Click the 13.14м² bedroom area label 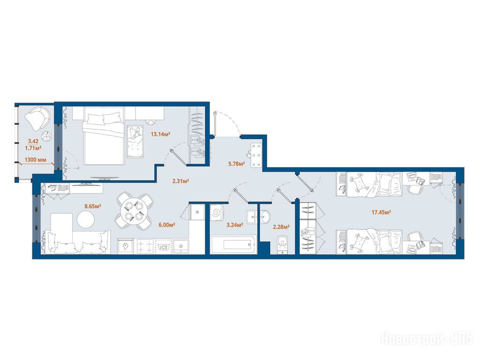pos(160,134)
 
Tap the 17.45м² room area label pos(381,212)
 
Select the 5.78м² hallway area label pos(236,164)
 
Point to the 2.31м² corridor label pos(180,181)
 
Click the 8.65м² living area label pos(93,206)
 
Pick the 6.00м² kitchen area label pos(166,225)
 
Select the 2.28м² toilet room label pos(281,227)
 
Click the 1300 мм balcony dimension pos(35,159)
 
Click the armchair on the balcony pos(37,118)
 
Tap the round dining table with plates pos(134,211)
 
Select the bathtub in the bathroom pos(234,245)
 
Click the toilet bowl pos(282,244)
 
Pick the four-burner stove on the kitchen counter pos(145,246)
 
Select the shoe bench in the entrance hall pos(256,155)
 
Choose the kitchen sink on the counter pos(181,246)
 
